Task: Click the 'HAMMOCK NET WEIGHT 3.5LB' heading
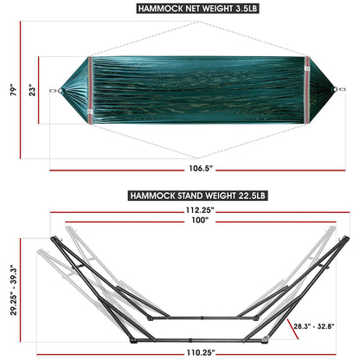point(180,9)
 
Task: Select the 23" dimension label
point(33,89)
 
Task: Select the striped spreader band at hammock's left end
point(90,90)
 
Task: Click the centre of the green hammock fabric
point(198,89)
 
